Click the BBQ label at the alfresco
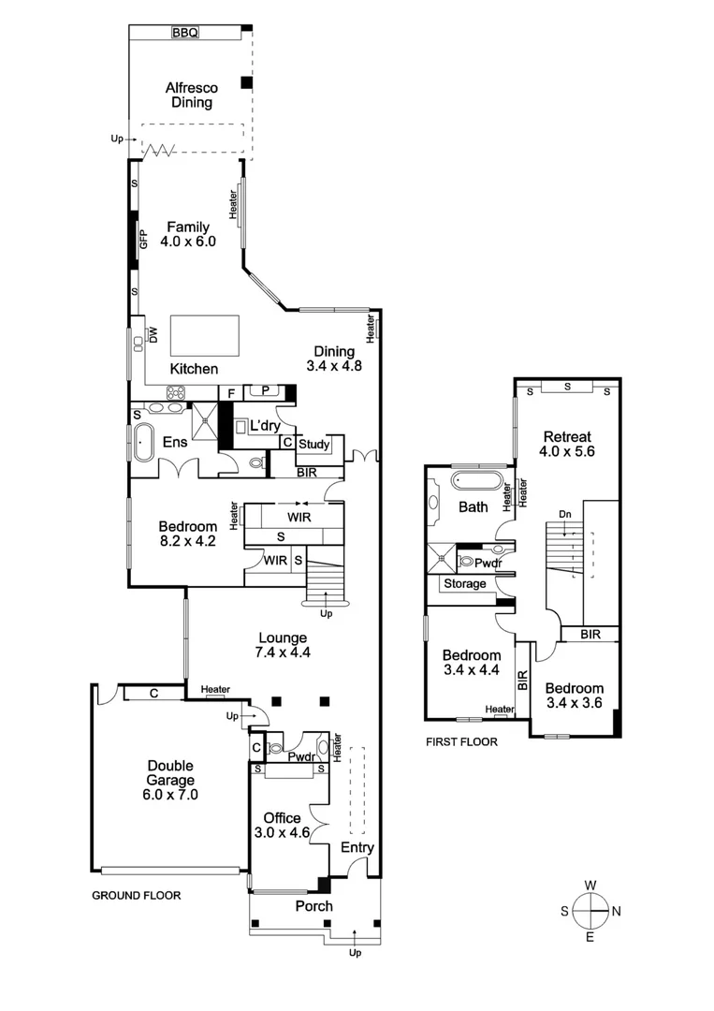point(185,33)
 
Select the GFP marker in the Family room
point(144,240)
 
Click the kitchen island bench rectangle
point(204,335)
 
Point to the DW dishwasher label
point(153,334)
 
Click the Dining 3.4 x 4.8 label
point(333,359)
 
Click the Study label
point(313,444)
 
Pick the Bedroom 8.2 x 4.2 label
point(187,533)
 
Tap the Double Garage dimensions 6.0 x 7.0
point(169,794)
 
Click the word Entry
point(357,848)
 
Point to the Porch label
point(313,906)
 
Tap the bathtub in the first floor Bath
point(477,482)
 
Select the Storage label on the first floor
point(465,584)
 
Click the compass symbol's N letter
point(616,911)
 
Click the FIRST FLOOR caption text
point(461,741)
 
